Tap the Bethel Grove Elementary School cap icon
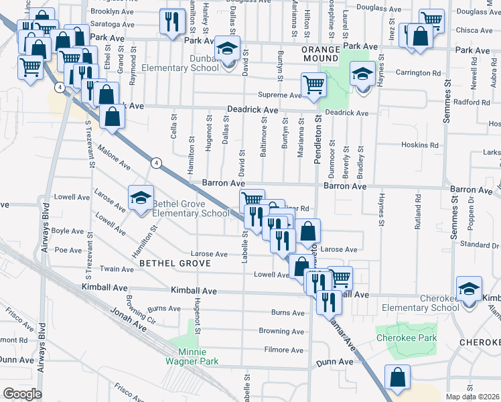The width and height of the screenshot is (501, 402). [x=141, y=198]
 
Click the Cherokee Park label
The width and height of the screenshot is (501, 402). [x=406, y=338]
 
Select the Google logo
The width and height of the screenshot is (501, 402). [x=21, y=394]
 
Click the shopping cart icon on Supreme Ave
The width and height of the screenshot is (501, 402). [x=313, y=85]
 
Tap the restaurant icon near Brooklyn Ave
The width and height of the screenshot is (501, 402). [x=172, y=21]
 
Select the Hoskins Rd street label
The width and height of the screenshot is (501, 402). [x=419, y=145]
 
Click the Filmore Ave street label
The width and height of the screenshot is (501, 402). [x=284, y=350]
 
